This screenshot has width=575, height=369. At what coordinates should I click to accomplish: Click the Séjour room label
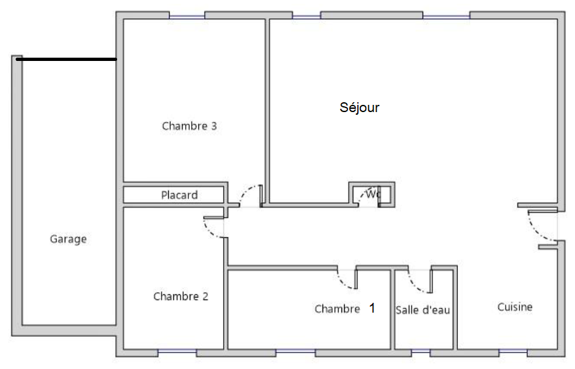point(359,107)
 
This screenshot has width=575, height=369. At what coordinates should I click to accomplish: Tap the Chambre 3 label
point(189,126)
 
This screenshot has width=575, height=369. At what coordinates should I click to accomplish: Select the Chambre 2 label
point(181,296)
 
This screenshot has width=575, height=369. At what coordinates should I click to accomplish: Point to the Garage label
point(68,239)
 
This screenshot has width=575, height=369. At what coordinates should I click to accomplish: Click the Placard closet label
point(179,195)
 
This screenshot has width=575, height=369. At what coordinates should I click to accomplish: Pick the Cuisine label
point(515,307)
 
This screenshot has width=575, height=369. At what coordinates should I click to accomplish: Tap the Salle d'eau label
point(423,310)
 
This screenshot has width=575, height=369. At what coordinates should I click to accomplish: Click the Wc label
point(374,193)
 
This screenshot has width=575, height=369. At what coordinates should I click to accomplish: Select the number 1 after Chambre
point(372,308)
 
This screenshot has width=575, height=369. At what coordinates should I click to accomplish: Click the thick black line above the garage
point(66,59)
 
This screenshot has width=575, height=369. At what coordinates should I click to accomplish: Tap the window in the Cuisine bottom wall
point(513,352)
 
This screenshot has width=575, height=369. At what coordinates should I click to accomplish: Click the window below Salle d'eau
point(421,352)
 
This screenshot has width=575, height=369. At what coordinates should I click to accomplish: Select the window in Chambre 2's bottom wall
point(177,352)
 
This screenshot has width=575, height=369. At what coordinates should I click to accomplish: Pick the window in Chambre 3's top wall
point(187,16)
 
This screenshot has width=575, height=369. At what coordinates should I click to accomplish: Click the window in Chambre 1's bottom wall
point(296,352)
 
